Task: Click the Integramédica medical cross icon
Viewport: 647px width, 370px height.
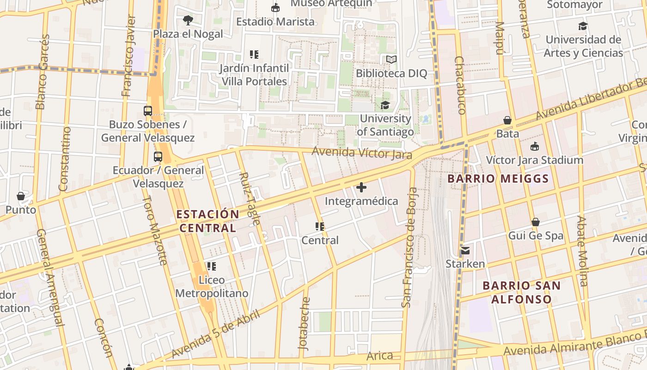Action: [361, 187]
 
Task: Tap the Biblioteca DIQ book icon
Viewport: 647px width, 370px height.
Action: [391, 60]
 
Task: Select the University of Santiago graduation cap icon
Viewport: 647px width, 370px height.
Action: [385, 105]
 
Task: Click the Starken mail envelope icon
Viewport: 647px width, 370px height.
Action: [465, 251]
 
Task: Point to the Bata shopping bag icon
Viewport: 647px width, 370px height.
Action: [507, 120]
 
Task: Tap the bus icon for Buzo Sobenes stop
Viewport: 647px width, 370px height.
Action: [148, 111]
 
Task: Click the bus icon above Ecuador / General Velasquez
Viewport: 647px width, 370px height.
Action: [158, 157]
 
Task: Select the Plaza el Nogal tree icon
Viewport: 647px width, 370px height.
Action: [188, 20]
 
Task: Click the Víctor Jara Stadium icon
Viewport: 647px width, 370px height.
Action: [535, 147]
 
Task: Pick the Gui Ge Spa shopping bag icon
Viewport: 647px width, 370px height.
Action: [536, 222]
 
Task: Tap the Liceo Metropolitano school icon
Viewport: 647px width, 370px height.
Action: [212, 266]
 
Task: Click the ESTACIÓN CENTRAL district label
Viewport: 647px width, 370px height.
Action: [208, 221]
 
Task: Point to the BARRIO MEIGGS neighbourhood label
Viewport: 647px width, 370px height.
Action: [498, 179]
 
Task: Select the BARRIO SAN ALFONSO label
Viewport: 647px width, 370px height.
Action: [521, 292]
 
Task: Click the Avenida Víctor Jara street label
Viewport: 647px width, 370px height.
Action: [361, 153]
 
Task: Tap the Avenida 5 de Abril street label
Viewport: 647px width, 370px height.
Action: [215, 334]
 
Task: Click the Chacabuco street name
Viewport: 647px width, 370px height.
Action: [460, 86]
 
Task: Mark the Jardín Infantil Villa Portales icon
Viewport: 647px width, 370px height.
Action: [254, 55]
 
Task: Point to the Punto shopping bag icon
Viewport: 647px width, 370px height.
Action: [21, 196]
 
